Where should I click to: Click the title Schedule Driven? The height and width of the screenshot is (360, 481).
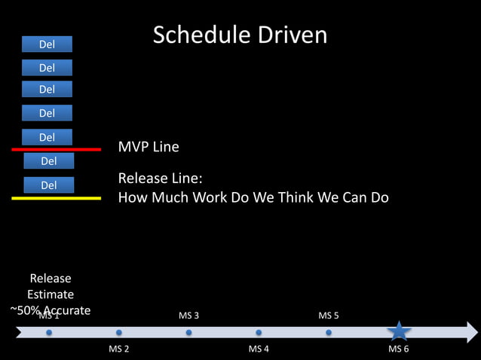tap(240, 35)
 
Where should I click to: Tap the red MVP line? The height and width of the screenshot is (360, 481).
tap(57, 150)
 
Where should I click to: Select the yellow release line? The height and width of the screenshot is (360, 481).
tap(57, 198)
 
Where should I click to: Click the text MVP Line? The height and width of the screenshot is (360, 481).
tap(149, 146)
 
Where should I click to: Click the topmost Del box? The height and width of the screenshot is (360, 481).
tap(47, 44)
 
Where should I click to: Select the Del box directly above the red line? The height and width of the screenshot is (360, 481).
tap(47, 137)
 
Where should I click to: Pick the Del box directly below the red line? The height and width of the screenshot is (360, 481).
tap(48, 160)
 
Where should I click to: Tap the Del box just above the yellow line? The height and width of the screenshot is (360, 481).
tap(48, 185)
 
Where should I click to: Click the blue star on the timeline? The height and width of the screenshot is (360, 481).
tap(399, 331)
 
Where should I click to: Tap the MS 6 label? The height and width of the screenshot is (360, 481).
tap(398, 349)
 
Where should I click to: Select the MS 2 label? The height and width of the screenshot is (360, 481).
tap(119, 349)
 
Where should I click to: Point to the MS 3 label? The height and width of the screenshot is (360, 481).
tap(188, 315)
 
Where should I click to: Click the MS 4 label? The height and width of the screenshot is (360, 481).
tap(259, 349)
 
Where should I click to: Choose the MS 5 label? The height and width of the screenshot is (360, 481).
tap(329, 315)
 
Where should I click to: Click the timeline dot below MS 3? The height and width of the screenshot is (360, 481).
tap(188, 332)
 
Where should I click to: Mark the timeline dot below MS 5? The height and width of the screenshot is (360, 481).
tap(329, 332)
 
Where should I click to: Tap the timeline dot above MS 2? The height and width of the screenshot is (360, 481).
tap(119, 332)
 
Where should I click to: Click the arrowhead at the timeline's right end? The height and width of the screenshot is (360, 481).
tap(472, 332)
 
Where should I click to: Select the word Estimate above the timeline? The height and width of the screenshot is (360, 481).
tap(51, 294)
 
